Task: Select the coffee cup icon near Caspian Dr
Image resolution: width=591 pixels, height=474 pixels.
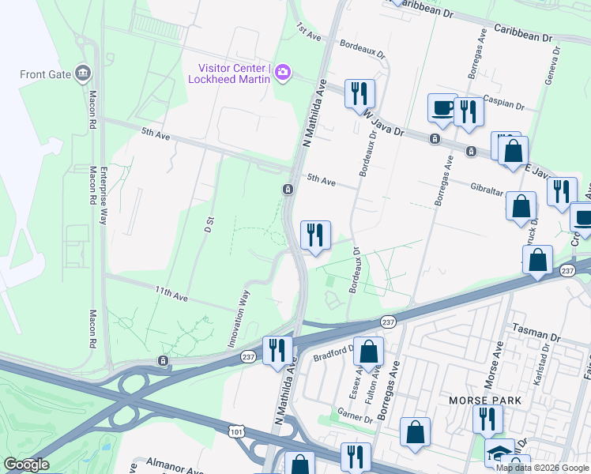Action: click(x=442, y=107)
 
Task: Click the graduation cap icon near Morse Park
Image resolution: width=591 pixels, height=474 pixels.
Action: click(x=499, y=452)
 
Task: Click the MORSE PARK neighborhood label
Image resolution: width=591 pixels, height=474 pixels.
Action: click(x=484, y=401)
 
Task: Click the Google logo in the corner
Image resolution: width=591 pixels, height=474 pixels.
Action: click(x=26, y=465)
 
